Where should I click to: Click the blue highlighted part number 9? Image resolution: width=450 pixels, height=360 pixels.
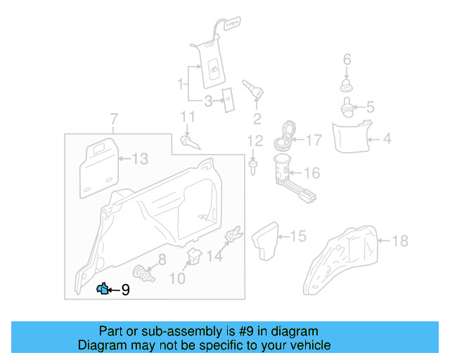[x=103, y=288]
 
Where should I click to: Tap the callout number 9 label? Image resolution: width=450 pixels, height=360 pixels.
[x=126, y=290]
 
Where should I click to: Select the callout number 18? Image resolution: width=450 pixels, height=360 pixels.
[x=399, y=241]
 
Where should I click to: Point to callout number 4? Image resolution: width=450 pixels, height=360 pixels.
[x=387, y=139]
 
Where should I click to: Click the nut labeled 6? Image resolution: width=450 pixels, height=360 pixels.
[x=346, y=86]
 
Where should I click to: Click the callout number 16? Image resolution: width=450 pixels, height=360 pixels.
[x=311, y=172]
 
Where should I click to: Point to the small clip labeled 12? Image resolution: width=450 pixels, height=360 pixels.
[x=252, y=166]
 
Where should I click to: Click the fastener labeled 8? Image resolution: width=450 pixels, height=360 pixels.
[x=143, y=271]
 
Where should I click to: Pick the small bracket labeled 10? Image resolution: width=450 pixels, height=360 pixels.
[x=193, y=256]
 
